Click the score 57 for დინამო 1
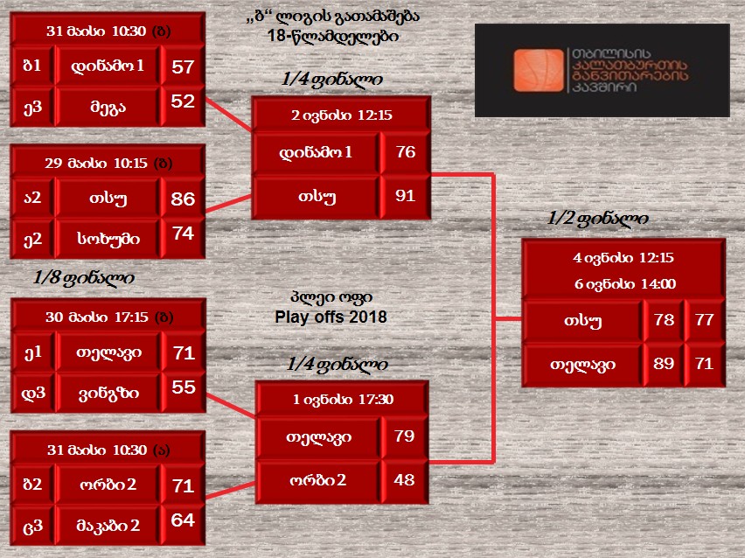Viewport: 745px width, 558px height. coord(183,66)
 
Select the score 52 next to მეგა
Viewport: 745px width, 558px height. coord(183,101)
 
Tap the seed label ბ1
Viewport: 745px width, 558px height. coord(31,65)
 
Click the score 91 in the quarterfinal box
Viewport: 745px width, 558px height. coord(405,195)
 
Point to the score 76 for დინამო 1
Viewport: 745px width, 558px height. coord(406,151)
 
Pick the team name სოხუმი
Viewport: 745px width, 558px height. coord(108,239)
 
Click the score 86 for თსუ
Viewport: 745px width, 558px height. coord(183,199)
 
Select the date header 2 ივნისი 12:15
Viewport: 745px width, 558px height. coord(342,115)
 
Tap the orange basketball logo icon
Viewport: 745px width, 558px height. coord(539,70)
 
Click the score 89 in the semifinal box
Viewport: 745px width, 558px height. coord(664,364)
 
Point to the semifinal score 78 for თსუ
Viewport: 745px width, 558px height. coord(664,319)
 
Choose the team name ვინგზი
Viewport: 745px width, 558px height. coord(108,394)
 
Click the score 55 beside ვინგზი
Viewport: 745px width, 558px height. coord(184,387)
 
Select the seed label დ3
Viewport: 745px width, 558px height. coord(33,393)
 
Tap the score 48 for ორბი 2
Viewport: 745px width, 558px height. coord(404,479)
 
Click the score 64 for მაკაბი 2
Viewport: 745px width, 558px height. coord(183,520)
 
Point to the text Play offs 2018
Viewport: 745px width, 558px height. coord(331,317)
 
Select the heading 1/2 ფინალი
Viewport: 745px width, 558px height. coord(598,219)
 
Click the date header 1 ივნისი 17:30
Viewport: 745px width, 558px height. coord(343,399)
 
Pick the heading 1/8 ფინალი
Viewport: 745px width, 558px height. coord(84,278)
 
